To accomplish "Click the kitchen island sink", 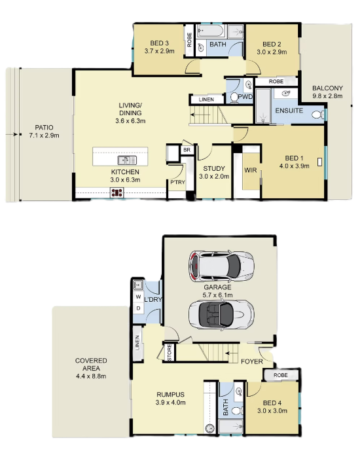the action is tap(127, 160).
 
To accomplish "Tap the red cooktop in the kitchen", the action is tap(117, 192).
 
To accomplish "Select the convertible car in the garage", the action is tap(221, 314).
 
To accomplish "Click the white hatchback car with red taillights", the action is tap(221, 266).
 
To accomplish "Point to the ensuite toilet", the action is tap(318, 115).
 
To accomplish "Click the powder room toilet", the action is tap(234, 98).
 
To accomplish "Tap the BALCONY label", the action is tap(327, 88).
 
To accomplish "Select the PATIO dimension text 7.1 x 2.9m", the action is tap(45, 136).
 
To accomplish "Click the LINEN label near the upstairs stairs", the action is tap(206, 100).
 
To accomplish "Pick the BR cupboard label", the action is tap(187, 150).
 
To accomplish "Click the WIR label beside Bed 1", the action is tap(250, 170).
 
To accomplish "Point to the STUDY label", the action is tap(214, 168).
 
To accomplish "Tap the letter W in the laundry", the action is tap(138, 297).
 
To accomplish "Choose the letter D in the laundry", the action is tap(138, 308).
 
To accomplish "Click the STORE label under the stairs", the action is tap(170, 352).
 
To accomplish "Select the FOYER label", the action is tap(252, 361).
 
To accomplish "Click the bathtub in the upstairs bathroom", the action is tap(211, 31).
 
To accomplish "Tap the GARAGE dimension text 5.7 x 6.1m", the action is tap(217, 295).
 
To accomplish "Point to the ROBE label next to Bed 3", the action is tap(189, 40).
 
